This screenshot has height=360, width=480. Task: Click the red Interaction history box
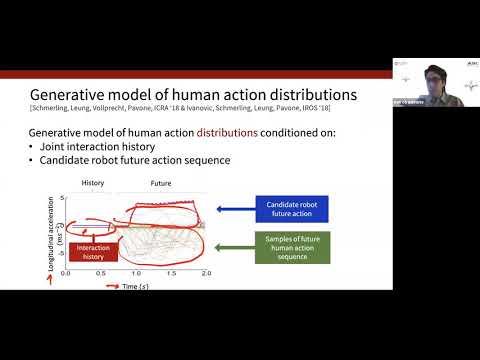pos(96,249)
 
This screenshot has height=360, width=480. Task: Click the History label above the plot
pos(92,185)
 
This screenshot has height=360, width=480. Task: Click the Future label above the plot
pos(161,185)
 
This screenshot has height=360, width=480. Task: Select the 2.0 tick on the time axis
pos(206,272)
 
